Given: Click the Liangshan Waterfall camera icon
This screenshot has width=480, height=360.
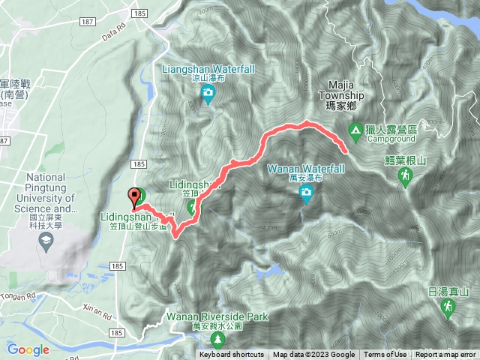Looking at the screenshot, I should (207, 94).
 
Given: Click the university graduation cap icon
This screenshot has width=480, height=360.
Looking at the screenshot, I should (46, 240).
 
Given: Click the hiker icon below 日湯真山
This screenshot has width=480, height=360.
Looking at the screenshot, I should (448, 306).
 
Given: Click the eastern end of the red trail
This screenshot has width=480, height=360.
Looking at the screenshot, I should (345, 151).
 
